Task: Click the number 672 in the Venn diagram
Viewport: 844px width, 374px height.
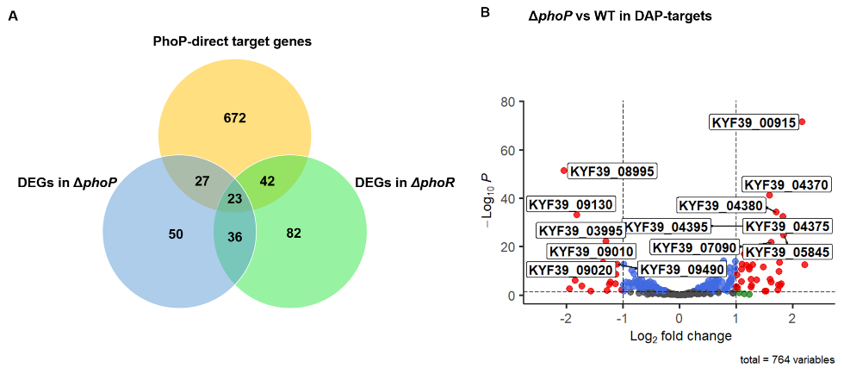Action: click(234, 118)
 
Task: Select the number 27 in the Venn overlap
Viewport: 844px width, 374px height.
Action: click(202, 181)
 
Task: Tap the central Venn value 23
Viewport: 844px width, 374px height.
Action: click(234, 199)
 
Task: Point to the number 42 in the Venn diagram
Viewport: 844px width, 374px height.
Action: click(267, 181)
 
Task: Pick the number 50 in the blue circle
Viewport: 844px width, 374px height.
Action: click(176, 234)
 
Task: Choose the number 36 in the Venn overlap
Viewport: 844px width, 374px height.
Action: click(234, 237)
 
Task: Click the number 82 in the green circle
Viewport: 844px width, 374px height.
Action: click(294, 234)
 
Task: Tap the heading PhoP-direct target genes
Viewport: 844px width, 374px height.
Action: click(232, 41)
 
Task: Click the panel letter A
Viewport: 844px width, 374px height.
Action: click(12, 15)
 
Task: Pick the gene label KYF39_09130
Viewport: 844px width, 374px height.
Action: click(569, 205)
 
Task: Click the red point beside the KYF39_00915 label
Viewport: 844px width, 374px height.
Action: click(802, 122)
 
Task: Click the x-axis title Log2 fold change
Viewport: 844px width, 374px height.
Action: click(680, 335)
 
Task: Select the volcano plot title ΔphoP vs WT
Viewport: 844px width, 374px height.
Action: click(620, 16)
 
